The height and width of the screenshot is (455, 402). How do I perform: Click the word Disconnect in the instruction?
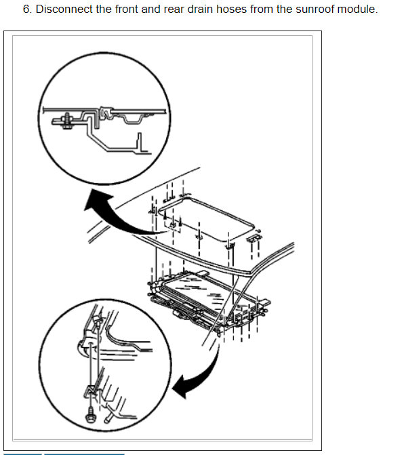64,9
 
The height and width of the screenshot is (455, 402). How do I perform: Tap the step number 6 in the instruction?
27,9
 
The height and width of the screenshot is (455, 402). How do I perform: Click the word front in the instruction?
127,9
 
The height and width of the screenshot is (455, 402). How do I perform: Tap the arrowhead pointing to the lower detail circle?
181,387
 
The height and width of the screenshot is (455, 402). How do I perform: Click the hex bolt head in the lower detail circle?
90,415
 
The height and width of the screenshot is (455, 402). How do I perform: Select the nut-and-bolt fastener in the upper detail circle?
66,121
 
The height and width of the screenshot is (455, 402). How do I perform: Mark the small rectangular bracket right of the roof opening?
254,237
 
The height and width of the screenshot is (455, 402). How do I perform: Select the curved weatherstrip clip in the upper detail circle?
106,113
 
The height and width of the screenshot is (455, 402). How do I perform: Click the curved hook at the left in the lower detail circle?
82,347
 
